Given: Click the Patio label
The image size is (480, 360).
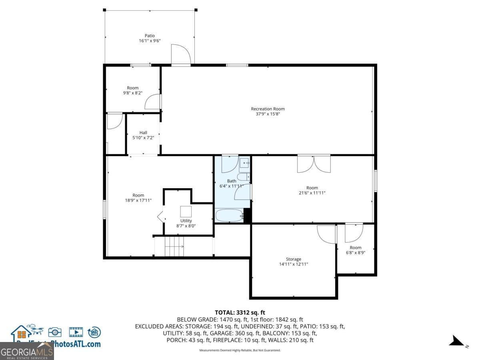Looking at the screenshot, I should pyautogui.click(x=150, y=36).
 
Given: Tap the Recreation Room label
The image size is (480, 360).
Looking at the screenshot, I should pyautogui.click(x=268, y=109).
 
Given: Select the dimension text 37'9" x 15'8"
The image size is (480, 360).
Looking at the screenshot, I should pyautogui.click(x=268, y=114).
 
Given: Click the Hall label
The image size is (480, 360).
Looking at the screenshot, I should pyautogui.click(x=143, y=132).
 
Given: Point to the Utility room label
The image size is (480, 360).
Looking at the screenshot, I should pyautogui.click(x=186, y=220).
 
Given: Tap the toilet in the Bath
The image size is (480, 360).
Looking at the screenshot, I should pyautogui.click(x=243, y=177).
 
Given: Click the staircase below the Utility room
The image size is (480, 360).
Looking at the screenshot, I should pyautogui.click(x=174, y=246).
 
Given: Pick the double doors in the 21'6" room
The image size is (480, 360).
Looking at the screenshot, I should pyautogui.click(x=314, y=164).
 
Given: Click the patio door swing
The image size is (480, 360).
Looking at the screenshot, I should pyautogui.click(x=180, y=54).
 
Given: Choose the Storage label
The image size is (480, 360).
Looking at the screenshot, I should pyautogui.click(x=293, y=259).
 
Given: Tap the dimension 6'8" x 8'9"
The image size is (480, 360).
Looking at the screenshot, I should pyautogui.click(x=355, y=252).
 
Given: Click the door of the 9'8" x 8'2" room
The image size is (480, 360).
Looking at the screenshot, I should pyautogui.click(x=152, y=102).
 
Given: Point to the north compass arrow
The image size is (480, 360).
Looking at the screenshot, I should pyautogui.click(x=457, y=341).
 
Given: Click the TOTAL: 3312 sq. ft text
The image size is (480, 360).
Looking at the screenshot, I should pyautogui.click(x=240, y=312).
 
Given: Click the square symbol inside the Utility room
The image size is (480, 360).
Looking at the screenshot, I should pyautogui.click(x=186, y=211).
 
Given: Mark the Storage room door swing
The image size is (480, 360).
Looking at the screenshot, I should pyautogui.click(x=326, y=234).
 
